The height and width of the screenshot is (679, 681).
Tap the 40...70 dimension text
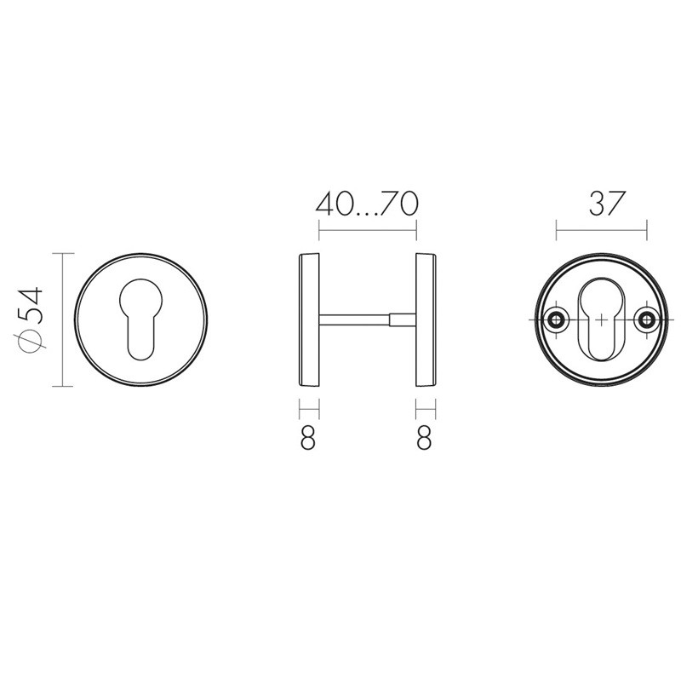(x=367, y=204)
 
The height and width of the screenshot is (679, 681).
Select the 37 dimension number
(x=607, y=204)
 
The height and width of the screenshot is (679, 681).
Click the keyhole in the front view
(x=140, y=319)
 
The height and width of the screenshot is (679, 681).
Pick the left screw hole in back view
(x=556, y=320)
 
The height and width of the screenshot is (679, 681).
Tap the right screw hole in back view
(x=647, y=320)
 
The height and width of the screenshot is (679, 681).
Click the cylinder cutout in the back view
(x=601, y=319)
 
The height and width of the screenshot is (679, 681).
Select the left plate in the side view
(x=309, y=319)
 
